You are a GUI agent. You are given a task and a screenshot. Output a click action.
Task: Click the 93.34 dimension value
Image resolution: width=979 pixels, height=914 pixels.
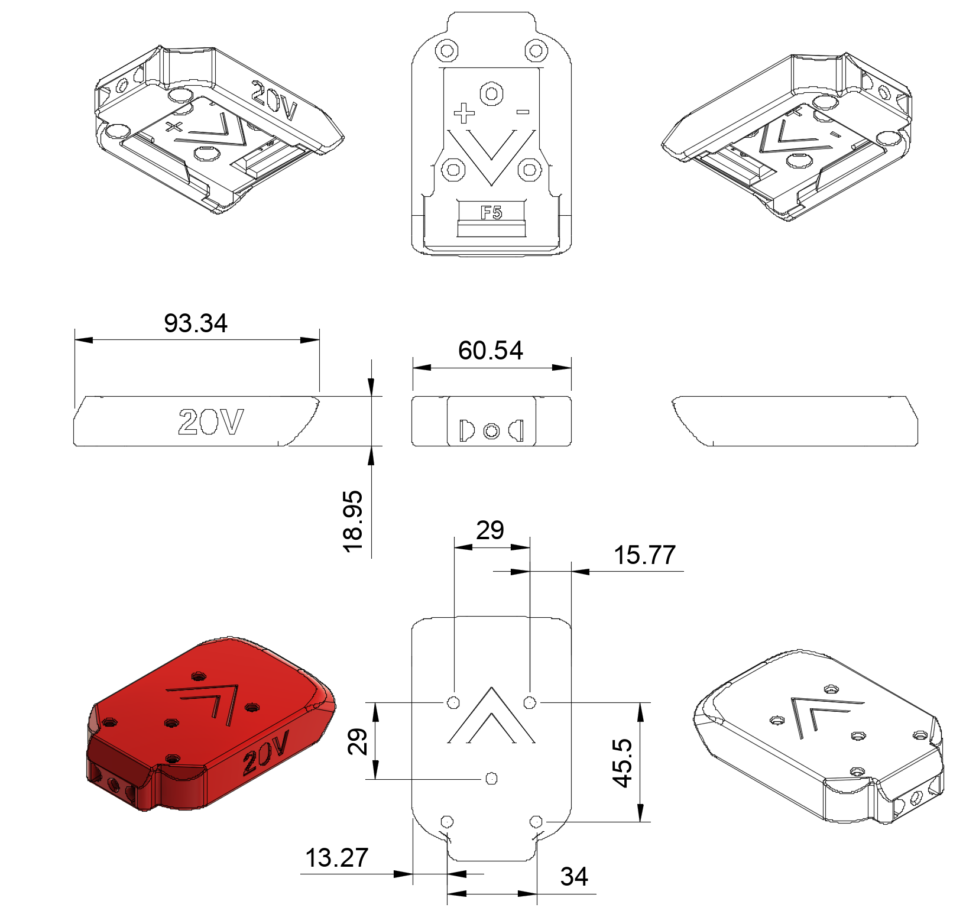(196, 323)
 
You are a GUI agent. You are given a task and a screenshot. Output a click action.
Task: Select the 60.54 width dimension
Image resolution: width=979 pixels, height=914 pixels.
(491, 351)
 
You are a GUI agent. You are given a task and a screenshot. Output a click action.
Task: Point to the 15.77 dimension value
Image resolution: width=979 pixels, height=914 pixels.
(644, 555)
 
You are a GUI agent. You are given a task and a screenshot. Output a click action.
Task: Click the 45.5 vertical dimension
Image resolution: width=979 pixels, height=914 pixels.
(623, 763)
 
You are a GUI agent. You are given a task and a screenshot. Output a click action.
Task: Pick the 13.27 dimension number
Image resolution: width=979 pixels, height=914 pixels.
(336, 858)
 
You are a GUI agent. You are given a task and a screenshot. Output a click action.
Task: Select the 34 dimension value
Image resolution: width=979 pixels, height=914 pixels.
(574, 877)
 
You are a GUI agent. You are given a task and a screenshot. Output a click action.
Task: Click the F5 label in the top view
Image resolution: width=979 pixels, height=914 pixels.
(491, 212)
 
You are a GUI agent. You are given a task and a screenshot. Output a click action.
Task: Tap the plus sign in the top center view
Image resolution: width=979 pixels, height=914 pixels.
(464, 113)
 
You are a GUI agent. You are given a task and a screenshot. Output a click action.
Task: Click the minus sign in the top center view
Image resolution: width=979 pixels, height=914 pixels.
(523, 112)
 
